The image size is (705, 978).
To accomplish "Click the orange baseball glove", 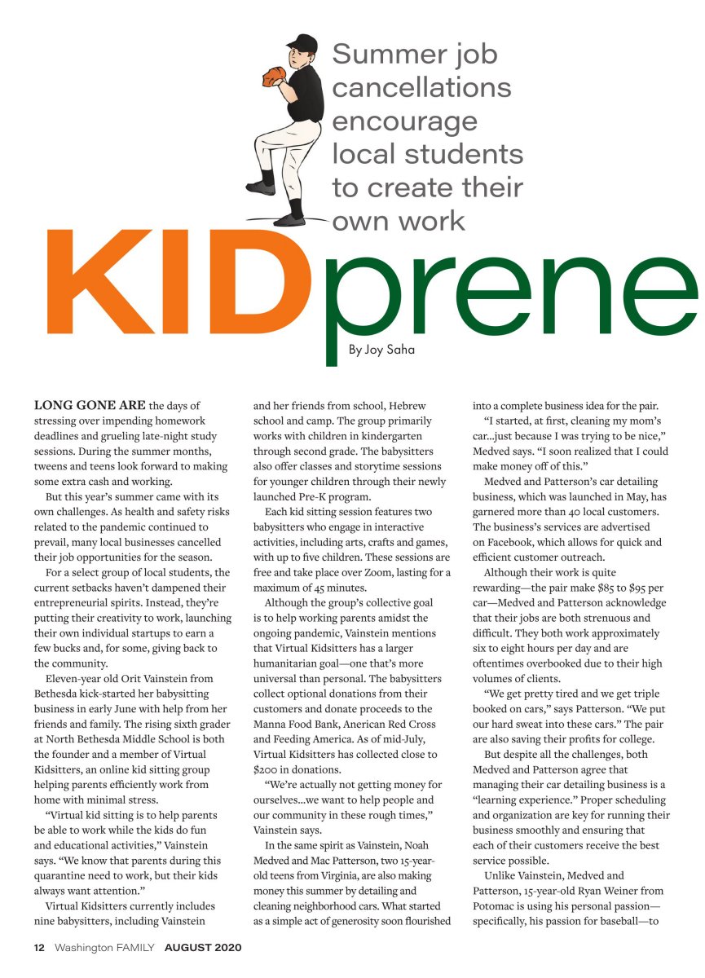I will click(273, 76).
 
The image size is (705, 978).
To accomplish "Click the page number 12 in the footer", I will click(39, 948).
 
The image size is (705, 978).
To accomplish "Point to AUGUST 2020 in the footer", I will click(203, 948).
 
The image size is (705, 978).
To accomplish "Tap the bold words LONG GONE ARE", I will click(90, 405).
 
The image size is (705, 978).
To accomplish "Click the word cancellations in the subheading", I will click(421, 87).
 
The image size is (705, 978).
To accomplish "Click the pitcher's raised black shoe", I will click(262, 187).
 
